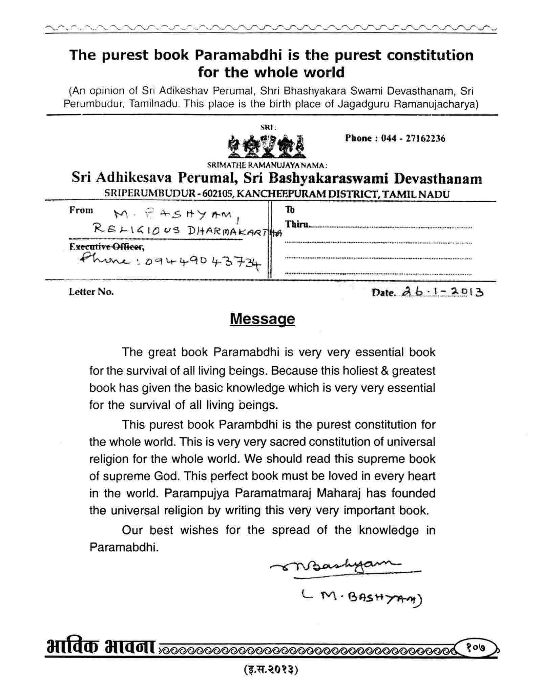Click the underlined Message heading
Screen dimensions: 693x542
262,319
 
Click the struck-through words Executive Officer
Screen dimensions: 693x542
107,247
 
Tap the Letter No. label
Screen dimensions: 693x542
91,292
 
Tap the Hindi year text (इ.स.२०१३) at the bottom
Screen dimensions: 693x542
271,670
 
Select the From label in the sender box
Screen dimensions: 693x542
81,210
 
